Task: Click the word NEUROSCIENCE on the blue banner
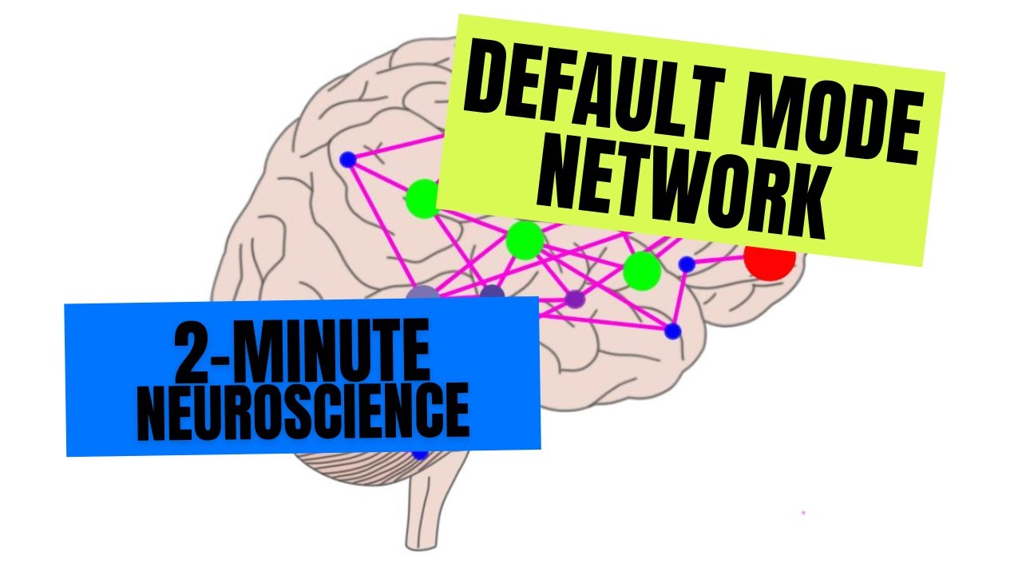(x=303, y=411)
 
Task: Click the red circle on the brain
(x=770, y=260)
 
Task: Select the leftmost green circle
(x=423, y=199)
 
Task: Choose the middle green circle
(x=525, y=240)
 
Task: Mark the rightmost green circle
(x=641, y=272)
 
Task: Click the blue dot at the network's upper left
(x=347, y=160)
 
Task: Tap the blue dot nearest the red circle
(x=686, y=264)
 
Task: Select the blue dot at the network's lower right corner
(x=672, y=331)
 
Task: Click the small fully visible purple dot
(x=575, y=299)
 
